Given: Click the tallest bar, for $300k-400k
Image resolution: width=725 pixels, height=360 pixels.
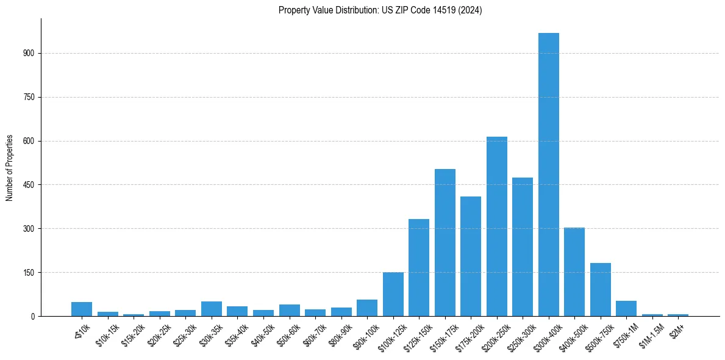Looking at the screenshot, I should [548, 175].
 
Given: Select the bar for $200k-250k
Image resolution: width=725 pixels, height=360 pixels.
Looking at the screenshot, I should [496, 226].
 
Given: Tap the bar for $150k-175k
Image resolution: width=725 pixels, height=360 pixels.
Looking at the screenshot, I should [445, 242].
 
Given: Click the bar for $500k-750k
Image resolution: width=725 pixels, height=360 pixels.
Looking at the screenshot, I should [600, 289].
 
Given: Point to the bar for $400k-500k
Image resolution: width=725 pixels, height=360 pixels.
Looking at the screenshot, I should [574, 272].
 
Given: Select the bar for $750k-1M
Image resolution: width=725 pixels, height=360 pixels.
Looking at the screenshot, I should [626, 308].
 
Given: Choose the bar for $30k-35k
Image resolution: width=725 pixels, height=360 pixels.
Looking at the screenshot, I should [212, 309].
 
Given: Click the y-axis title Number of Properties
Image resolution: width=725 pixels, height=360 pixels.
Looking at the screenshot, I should [9, 168].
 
